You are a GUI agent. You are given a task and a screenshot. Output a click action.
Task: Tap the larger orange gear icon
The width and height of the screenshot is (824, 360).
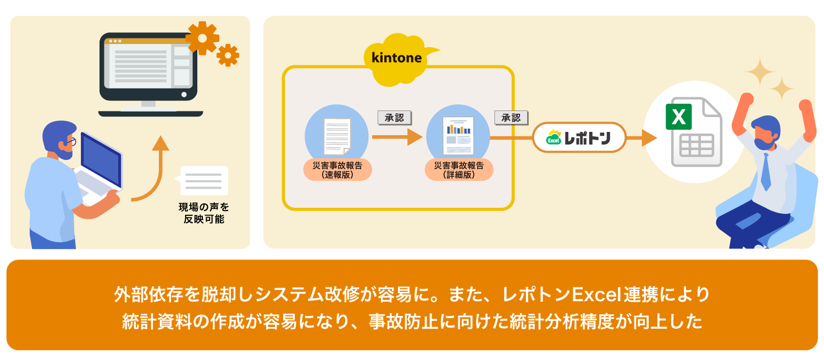click(202, 37)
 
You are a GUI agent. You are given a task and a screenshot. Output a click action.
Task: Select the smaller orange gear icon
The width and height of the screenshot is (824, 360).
click(228, 55)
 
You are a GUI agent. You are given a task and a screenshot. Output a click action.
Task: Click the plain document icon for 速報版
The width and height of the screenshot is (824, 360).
click(337, 136)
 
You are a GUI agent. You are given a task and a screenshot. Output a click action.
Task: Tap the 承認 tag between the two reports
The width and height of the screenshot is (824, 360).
click(394, 118)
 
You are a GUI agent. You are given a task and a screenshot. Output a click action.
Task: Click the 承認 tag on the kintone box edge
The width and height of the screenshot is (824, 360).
click(511, 118)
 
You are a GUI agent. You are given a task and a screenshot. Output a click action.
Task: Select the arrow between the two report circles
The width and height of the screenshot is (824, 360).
click(396, 137)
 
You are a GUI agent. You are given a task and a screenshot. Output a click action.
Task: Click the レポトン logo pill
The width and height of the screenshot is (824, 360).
click(579, 137)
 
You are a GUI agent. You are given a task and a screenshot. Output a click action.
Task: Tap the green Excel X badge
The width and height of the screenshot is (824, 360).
click(678, 117)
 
